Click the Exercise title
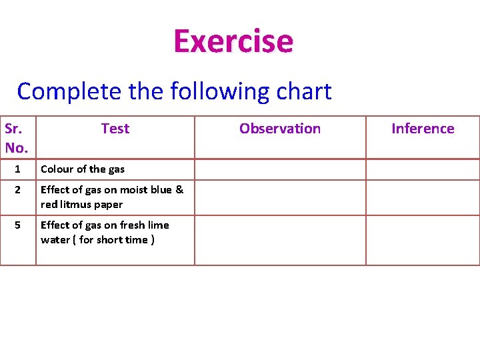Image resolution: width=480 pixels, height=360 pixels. tap(233, 41)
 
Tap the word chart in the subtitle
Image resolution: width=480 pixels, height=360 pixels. tap(305, 91)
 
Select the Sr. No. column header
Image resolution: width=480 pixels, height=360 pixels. tap(17, 137)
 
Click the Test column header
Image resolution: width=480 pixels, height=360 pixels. tap(115, 129)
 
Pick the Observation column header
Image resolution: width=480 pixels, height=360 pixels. tap(280, 129)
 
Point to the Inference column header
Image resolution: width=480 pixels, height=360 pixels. tap(423, 129)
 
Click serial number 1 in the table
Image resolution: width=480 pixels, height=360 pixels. tap(18, 169)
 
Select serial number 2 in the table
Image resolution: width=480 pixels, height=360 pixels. tap(18, 190)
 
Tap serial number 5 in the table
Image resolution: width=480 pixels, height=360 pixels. tap(18, 225)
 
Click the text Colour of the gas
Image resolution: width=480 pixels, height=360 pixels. tap(83, 169)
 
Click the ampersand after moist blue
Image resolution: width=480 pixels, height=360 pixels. tap(179, 190)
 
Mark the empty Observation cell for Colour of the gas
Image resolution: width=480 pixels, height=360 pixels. tap(280, 169)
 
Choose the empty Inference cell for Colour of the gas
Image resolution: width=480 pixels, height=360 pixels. tap(423, 169)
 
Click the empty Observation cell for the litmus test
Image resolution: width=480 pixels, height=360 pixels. tap(280, 197)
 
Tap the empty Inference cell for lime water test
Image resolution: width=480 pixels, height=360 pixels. tap(423, 240)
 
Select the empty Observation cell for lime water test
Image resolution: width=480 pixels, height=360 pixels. tap(280, 240)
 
